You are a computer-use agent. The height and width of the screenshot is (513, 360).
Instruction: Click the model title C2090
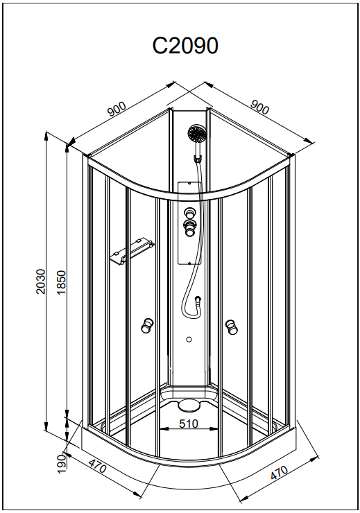coord(185,46)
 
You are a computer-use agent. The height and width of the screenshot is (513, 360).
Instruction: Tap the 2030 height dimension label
coord(41,281)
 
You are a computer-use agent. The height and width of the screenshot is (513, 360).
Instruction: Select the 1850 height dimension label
coord(62,282)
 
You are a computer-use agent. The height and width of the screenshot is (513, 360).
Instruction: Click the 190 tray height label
coord(61,464)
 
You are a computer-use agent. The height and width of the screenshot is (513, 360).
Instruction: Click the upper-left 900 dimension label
coord(117,109)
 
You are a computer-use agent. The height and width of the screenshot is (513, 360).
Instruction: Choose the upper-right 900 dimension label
coord(259,106)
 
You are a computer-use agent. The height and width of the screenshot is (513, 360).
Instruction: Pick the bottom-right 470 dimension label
coord(279,473)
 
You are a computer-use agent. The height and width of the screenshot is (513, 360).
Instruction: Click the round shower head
coord(196,134)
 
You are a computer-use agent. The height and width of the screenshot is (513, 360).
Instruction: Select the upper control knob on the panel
coord(189,214)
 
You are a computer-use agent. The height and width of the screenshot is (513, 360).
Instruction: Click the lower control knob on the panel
coord(189,227)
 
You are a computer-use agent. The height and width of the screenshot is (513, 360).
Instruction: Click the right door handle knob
coord(232,327)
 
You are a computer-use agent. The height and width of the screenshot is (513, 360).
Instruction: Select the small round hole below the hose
coord(189,340)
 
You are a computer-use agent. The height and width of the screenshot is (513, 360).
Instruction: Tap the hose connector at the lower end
coord(198,300)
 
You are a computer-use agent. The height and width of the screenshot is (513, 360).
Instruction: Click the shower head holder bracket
coord(197,159)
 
